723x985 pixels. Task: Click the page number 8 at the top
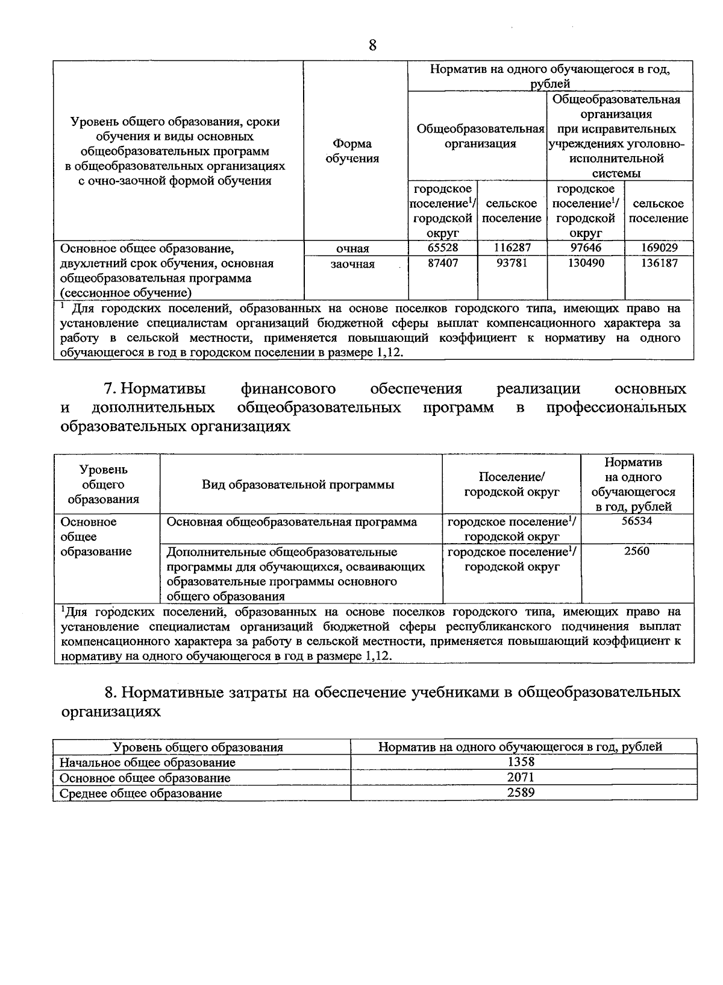[372, 45]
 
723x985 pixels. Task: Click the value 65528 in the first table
[442, 248]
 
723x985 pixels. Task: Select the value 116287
[512, 248]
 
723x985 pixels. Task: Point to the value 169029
[658, 248]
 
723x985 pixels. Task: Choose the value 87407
[442, 263]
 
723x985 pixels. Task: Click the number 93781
[512, 263]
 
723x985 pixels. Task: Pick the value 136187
[658, 263]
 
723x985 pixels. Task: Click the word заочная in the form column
[352, 264]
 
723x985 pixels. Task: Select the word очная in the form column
[352, 248]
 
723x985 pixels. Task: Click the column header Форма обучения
[352, 151]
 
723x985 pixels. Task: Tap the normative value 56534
[636, 521]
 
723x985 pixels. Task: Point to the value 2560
[636, 551]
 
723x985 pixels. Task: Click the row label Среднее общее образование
[141, 793]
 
